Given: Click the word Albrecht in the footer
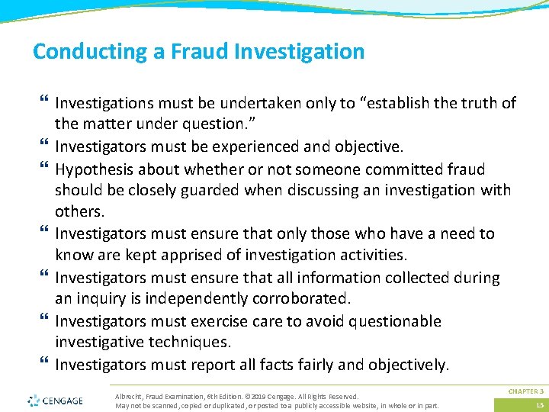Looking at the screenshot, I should coord(128,397).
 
